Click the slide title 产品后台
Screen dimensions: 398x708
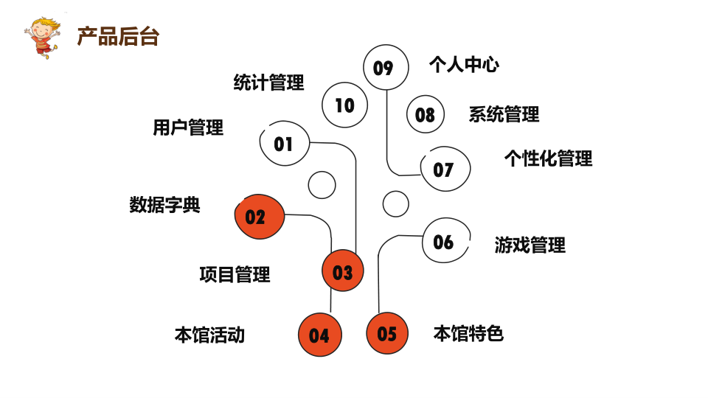(118, 37)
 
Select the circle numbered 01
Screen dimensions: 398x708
(284, 144)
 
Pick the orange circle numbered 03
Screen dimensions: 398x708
(343, 272)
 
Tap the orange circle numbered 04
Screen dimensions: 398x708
(319, 335)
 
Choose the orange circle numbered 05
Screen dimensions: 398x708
(387, 333)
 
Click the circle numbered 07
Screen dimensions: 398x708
(444, 170)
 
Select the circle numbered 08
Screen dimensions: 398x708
(426, 115)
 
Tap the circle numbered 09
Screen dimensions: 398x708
(386, 68)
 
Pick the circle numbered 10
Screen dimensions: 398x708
(344, 105)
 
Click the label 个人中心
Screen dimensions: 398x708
(464, 65)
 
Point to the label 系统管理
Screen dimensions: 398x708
(504, 114)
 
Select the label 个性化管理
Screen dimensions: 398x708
(548, 158)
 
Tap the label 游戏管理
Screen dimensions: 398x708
(530, 245)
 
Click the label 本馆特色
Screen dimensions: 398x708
(468, 334)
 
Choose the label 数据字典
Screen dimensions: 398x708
(164, 205)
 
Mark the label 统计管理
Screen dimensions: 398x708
(268, 83)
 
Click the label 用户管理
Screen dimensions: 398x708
(188, 128)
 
